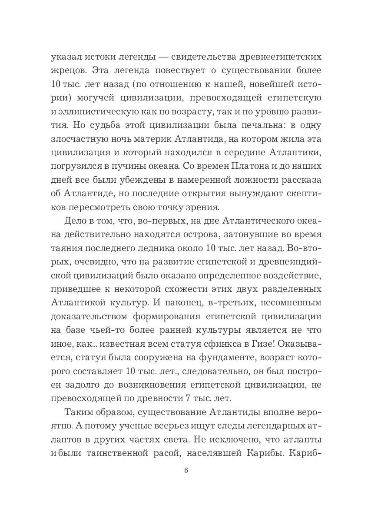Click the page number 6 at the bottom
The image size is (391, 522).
186,471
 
